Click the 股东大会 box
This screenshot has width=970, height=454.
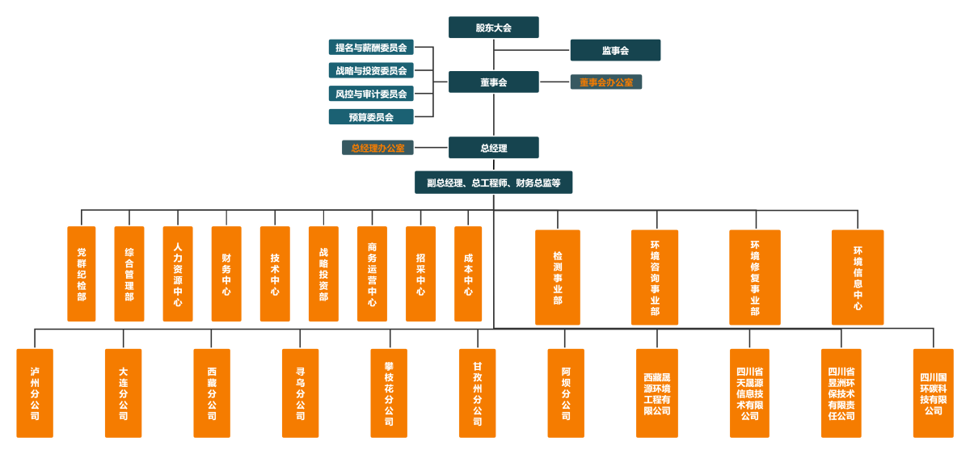point(493,27)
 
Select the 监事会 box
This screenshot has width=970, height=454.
point(615,50)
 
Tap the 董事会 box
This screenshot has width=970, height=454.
point(493,82)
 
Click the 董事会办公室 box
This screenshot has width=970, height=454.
point(606,82)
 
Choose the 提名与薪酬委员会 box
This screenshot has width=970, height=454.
point(371,48)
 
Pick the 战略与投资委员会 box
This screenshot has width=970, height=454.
point(371,71)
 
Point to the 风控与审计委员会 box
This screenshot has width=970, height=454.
point(371,94)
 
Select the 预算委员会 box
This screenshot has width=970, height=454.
point(371,117)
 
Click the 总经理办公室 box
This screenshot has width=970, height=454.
point(377,148)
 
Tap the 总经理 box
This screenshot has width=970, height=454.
point(493,148)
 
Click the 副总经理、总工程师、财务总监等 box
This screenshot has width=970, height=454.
point(493,183)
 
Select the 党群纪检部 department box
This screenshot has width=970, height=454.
point(81,274)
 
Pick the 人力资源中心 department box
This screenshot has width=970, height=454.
point(178,274)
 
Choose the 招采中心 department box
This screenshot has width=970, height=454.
point(420,274)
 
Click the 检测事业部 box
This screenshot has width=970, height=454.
point(557,277)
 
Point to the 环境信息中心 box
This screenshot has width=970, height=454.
point(858,277)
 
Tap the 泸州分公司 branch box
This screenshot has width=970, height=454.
point(35,393)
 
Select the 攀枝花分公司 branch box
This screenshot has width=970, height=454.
point(389,393)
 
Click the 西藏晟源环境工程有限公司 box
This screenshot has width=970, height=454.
point(656,393)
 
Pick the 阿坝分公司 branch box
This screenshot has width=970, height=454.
point(566,393)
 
